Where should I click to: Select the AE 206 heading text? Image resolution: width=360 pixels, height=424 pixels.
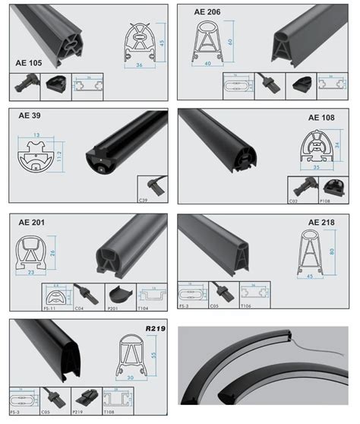196,12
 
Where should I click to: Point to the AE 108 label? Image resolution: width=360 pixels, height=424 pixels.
321,118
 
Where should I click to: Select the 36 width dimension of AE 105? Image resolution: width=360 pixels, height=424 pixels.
139,66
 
